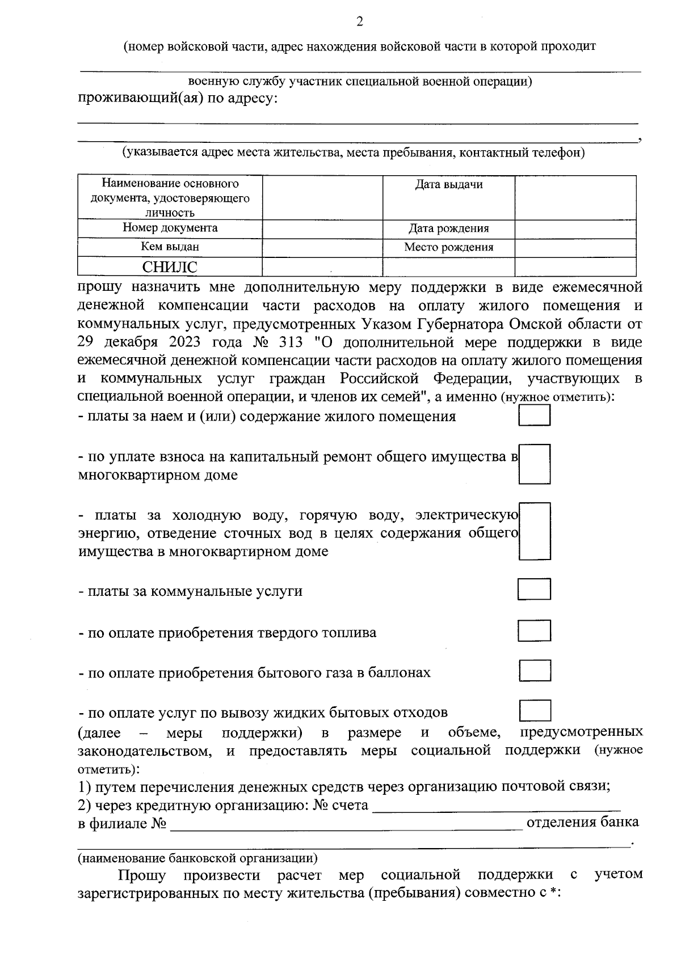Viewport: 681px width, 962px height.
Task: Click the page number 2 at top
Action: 359,22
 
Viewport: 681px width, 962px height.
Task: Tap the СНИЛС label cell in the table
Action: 170,267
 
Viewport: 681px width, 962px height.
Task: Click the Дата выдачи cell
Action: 448,185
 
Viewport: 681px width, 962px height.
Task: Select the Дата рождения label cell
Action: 448,229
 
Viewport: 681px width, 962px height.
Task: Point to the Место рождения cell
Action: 448,248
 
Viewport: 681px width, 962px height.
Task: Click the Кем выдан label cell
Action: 170,247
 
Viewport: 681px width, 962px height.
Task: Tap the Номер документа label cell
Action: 170,228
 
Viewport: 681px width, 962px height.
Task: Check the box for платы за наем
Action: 535,416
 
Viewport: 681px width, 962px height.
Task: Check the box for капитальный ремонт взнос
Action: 535,464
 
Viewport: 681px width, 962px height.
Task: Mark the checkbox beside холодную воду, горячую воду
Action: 535,531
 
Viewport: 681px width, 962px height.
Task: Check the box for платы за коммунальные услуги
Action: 535,590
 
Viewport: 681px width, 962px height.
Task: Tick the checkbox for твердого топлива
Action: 535,631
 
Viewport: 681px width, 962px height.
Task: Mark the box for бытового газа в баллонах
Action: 535,671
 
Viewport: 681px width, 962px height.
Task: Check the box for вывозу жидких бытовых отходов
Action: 535,711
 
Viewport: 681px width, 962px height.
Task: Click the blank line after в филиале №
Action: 346,824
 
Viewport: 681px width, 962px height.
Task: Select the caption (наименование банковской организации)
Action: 197,858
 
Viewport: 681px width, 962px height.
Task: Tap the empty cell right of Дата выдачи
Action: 575,197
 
